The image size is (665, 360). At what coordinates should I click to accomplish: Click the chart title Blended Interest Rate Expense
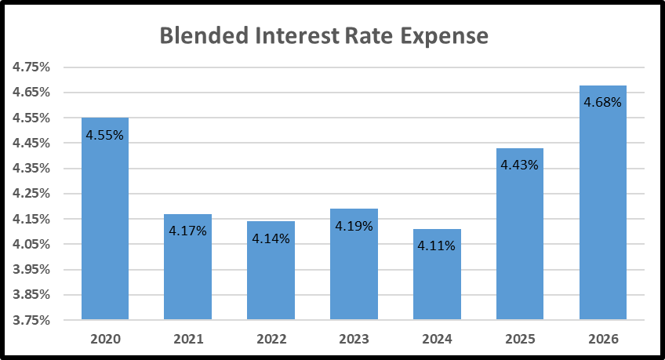tap(324, 36)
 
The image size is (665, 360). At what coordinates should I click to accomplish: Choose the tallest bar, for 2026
tap(603, 212)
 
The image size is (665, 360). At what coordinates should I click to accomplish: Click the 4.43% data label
tap(519, 165)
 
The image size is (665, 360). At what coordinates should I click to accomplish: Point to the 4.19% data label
tap(354, 226)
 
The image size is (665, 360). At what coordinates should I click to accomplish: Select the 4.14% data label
tap(271, 238)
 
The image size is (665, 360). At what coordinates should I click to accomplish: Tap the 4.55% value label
tap(104, 135)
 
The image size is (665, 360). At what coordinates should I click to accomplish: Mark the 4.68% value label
tap(602, 102)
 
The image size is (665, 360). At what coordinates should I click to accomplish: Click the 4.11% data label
tap(436, 245)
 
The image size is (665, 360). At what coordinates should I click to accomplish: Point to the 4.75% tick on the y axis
tap(31, 67)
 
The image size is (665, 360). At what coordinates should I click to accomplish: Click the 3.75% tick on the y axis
tap(31, 320)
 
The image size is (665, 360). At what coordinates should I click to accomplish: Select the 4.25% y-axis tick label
tap(31, 194)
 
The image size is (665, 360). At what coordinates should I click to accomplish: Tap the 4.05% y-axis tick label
tap(31, 244)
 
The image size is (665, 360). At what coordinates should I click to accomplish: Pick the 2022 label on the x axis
tap(271, 340)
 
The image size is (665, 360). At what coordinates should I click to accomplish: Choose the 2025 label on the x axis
tap(519, 340)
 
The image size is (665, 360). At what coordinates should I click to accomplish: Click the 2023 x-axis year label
tap(354, 340)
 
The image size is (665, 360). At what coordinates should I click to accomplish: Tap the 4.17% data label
tap(187, 231)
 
